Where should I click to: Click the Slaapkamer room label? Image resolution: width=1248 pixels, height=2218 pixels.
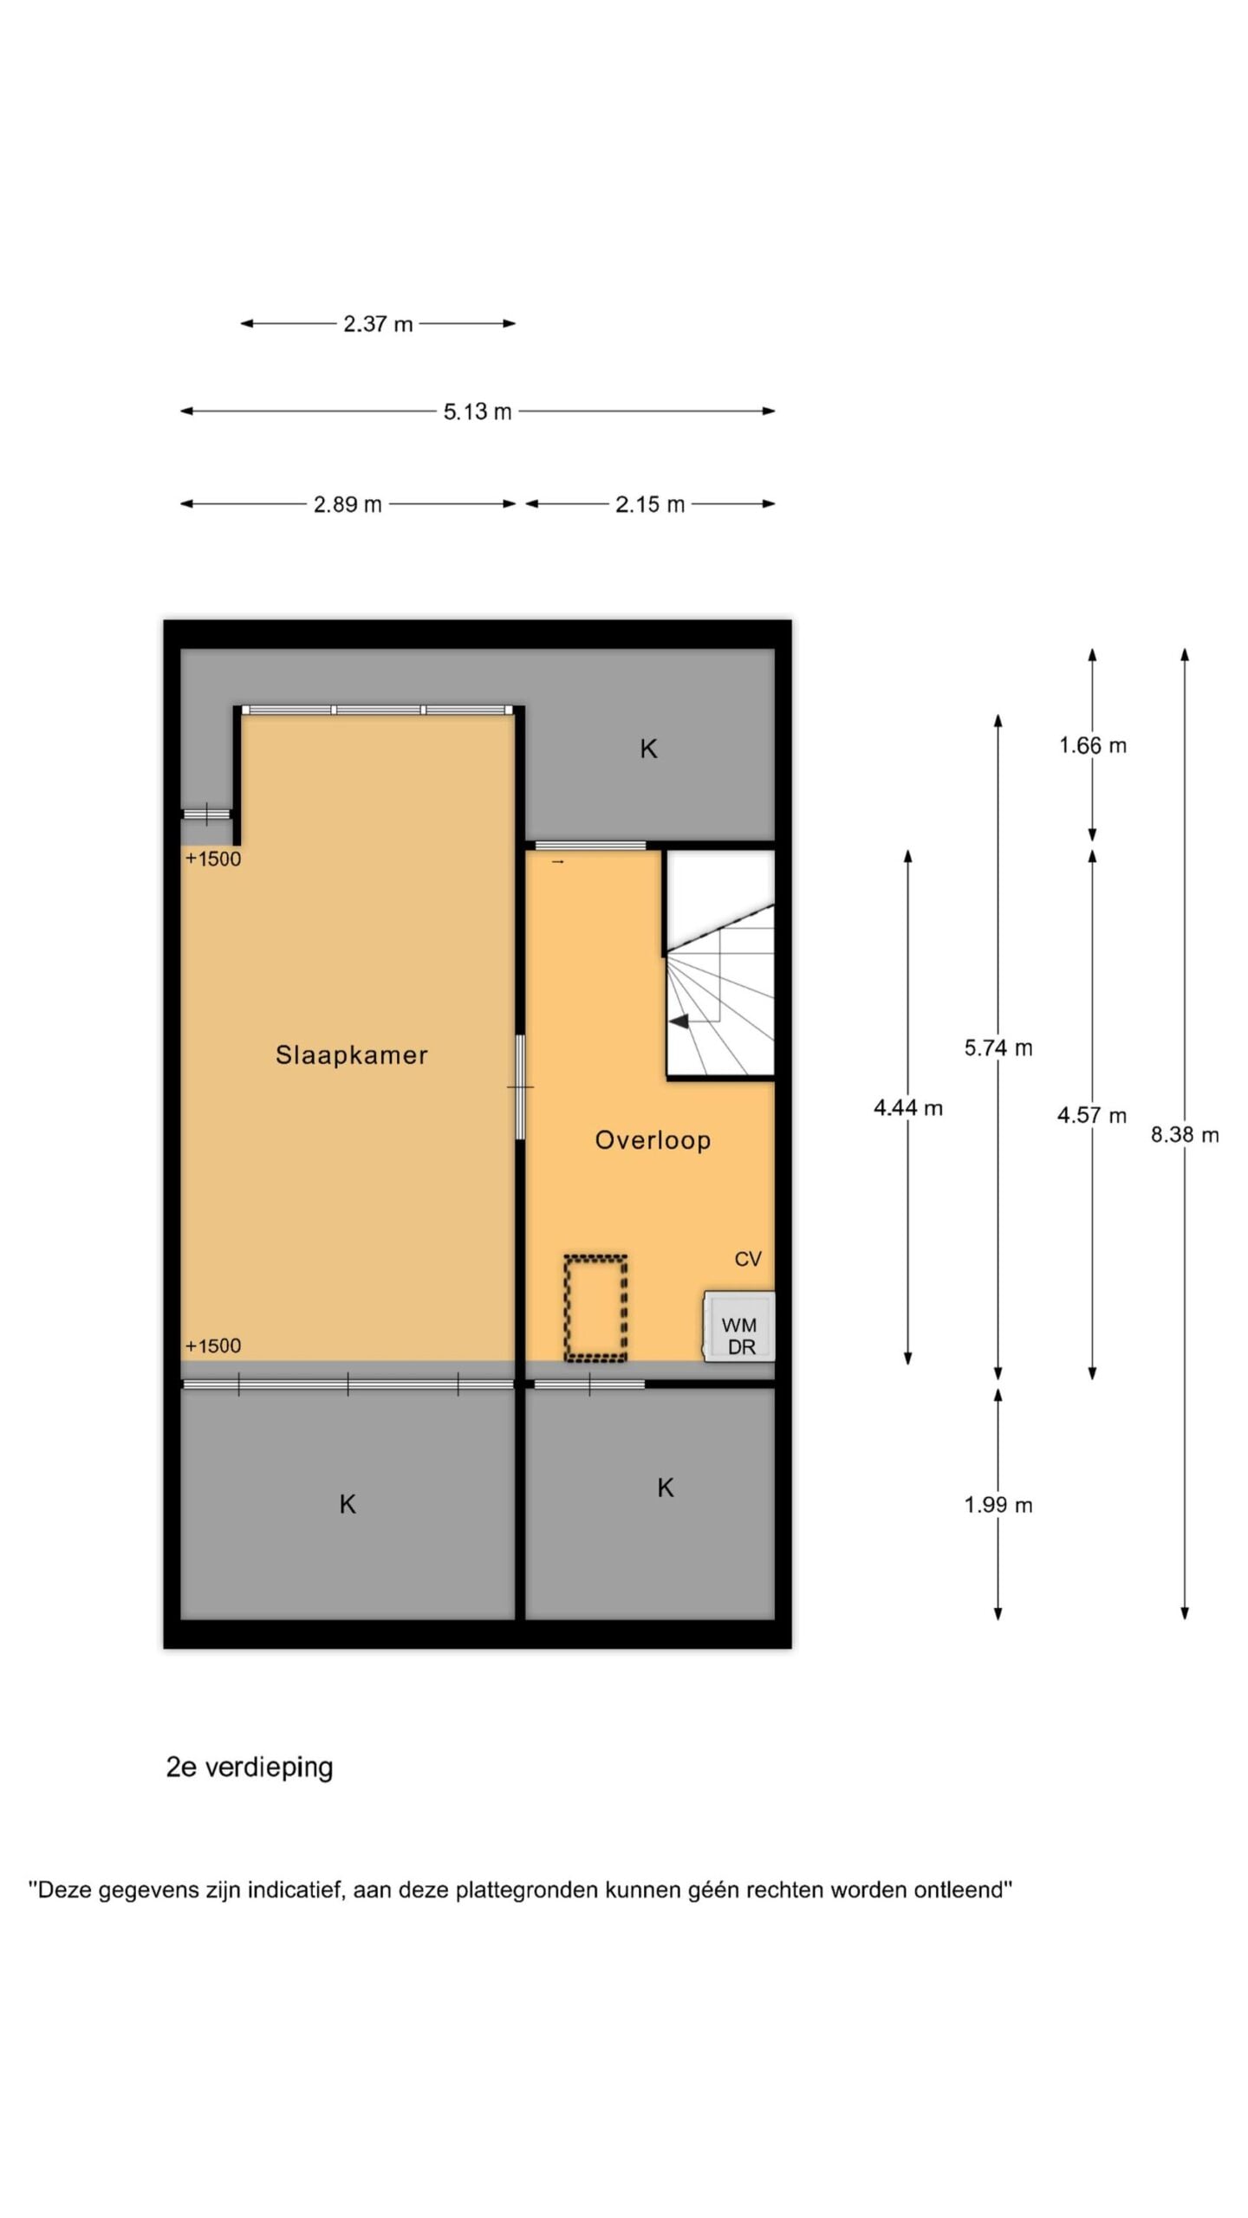[x=351, y=1054]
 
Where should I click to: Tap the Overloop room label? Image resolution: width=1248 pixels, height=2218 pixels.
[x=653, y=1140]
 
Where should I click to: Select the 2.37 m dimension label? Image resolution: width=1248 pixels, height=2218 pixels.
[x=378, y=324]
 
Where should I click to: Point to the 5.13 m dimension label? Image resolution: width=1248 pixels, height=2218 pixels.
[x=478, y=412]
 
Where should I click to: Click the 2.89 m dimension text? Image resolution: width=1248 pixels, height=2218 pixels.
[x=348, y=504]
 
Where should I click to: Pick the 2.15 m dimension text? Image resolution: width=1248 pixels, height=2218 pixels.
[x=650, y=504]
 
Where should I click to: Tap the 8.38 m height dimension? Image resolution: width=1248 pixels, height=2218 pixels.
[x=1185, y=1134]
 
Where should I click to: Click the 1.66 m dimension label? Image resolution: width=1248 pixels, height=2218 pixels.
[x=1093, y=745]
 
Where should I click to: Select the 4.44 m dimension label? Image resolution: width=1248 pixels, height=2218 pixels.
[x=908, y=1107]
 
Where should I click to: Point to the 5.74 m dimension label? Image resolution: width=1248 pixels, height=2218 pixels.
[x=998, y=1047]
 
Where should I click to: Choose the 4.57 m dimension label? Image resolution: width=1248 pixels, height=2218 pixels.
[x=1092, y=1115]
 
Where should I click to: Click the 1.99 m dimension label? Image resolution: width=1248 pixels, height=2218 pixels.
[x=998, y=1505]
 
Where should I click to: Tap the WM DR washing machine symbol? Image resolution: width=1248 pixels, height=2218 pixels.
[x=739, y=1326]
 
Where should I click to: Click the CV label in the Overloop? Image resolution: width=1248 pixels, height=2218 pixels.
[x=748, y=1259]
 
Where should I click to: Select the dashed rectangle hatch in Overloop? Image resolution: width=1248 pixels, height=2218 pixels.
[x=595, y=1307]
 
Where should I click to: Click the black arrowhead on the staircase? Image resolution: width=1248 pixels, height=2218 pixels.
[x=679, y=1021]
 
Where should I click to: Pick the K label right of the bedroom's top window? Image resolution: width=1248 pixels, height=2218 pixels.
[x=648, y=749]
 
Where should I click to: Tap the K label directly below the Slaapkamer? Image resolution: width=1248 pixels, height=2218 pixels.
[x=348, y=1504]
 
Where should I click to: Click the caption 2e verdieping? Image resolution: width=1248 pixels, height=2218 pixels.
[x=250, y=1767]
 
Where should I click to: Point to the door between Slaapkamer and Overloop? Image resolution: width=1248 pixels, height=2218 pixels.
[x=520, y=1087]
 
